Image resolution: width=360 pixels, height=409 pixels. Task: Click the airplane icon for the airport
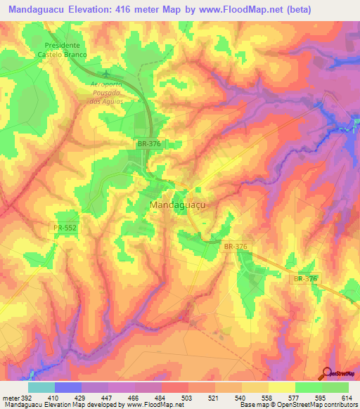106,72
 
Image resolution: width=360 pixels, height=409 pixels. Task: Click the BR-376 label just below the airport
148,143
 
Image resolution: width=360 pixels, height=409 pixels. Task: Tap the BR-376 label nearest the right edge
306,279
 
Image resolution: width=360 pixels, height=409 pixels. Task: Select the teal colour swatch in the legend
41,387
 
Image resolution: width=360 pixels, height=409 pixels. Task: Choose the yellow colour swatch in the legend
282,387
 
